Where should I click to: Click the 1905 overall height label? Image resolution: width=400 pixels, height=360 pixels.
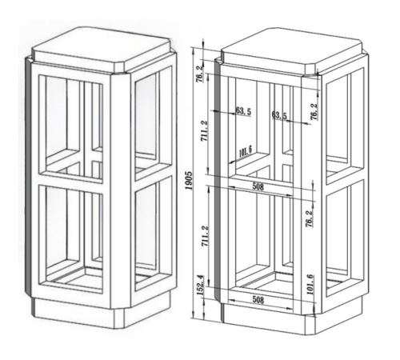[x=189, y=180]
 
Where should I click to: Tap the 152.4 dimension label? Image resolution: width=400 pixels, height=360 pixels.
[x=201, y=285]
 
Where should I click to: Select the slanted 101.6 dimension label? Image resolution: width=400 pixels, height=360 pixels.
[x=246, y=152]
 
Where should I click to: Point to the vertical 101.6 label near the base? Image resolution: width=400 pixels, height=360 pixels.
[x=310, y=284]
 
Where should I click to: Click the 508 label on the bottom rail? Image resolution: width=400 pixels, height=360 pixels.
[x=258, y=300]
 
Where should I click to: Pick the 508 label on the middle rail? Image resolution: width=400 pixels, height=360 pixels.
[x=258, y=186]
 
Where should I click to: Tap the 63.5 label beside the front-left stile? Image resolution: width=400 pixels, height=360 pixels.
[x=243, y=111]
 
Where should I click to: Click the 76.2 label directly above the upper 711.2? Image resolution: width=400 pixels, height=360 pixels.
[x=201, y=74]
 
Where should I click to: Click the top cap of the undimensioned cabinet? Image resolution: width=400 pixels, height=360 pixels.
[x=101, y=50]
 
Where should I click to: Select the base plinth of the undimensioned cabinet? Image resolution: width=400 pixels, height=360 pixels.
[x=102, y=313]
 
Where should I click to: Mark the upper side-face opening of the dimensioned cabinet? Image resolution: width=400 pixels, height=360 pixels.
[x=345, y=126]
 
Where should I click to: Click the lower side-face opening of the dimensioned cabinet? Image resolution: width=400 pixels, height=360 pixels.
[x=345, y=238]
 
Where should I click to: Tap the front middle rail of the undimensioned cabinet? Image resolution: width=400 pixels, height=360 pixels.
[x=71, y=184]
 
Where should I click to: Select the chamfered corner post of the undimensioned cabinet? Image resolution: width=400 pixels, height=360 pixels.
[x=120, y=190]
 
